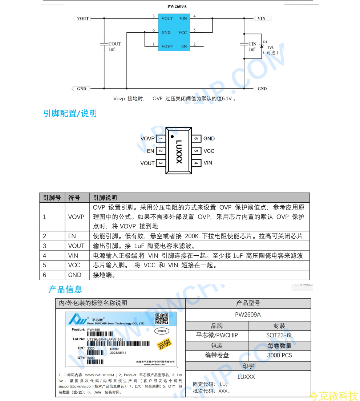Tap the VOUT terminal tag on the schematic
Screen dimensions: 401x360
pos(82,19)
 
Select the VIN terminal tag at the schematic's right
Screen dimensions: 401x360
pos(261,19)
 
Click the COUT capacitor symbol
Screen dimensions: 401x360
pos(104,44)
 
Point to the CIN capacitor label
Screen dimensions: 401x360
pos(252,44)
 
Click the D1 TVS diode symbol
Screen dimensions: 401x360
pos(262,46)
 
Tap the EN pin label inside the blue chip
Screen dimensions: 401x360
pos(184,46)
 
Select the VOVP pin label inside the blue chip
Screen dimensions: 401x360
pos(167,46)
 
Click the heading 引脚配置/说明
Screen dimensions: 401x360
pos(70,113)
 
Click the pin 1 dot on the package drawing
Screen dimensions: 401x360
pos(171,136)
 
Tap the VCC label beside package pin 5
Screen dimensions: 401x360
pos(209,151)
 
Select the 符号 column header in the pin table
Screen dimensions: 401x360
pos(74,198)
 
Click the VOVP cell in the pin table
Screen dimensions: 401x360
pos(76,217)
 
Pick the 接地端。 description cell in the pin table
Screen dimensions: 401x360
pos(105,275)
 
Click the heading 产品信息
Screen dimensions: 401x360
pos(65,289)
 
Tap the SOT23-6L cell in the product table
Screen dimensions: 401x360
pos(279,335)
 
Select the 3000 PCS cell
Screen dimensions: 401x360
pos(279,355)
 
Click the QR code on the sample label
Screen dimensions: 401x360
pos(162,319)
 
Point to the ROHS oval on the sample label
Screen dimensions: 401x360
pos(162,331)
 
